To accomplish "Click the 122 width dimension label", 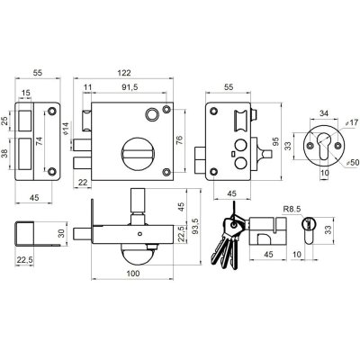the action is pos(124,73).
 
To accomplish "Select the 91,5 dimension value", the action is pos(130,87).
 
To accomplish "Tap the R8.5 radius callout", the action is pos(292,209).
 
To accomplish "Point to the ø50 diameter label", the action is pos(353,162).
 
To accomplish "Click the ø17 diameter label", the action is pos(352,122).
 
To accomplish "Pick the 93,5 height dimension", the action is pos(195,227).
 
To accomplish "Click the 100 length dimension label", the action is pos(133,274).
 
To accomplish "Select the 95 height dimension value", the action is pos(275,141).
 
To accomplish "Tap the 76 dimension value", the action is pos(179,140).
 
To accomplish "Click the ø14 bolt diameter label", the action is pos(66,128).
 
